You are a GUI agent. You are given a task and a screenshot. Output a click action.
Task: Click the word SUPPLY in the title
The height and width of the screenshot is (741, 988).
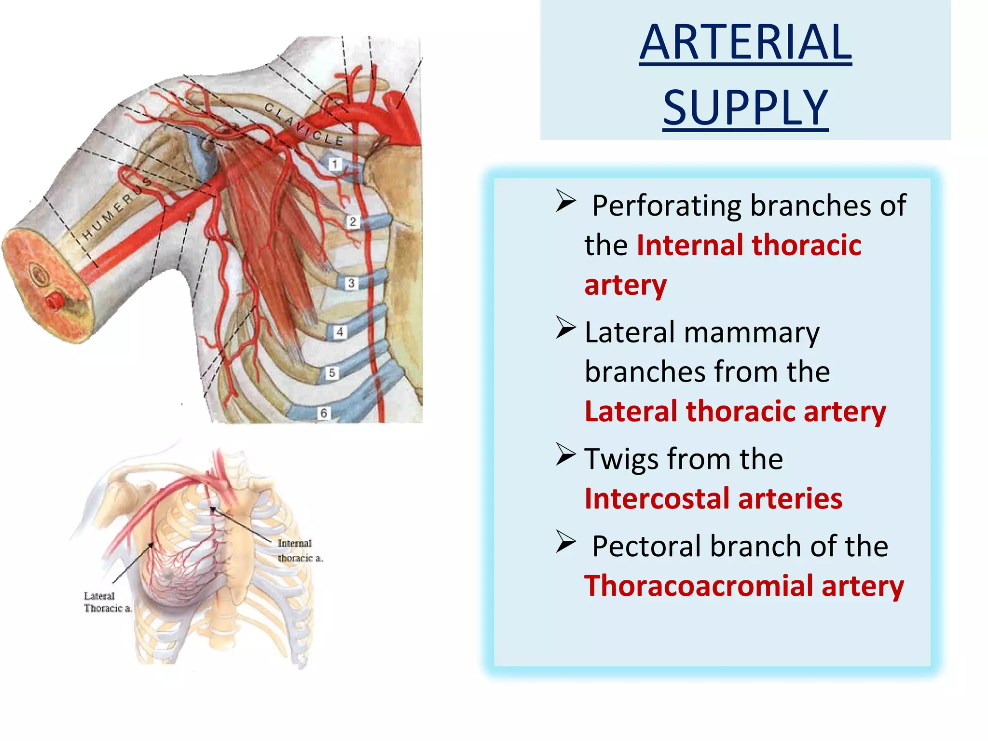745,108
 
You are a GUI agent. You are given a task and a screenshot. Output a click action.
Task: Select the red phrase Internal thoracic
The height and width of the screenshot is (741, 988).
749,245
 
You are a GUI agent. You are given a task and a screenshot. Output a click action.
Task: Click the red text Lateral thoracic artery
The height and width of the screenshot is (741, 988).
735,412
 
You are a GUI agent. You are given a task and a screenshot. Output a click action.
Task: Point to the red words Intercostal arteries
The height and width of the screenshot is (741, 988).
713,499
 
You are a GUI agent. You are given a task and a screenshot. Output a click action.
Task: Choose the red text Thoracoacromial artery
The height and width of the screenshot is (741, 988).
744,586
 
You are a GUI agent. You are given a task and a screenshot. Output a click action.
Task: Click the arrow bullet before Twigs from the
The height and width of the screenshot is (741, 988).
565,454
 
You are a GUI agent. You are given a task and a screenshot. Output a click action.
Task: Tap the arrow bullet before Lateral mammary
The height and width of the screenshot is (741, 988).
565,328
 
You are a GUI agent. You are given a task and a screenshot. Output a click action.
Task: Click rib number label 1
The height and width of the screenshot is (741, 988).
335,165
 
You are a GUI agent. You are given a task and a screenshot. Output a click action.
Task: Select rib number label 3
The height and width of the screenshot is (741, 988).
351,283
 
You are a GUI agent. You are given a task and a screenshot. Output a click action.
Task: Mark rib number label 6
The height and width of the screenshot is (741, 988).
324,413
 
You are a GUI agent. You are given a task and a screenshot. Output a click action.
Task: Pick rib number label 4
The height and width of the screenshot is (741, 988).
340,332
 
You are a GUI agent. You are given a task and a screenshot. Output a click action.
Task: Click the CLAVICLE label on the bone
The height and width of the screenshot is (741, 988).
304,124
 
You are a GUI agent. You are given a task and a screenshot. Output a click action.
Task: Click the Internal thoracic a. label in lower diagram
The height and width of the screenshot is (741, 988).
299,550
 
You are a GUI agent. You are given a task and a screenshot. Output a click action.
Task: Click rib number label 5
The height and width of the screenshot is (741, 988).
332,373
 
